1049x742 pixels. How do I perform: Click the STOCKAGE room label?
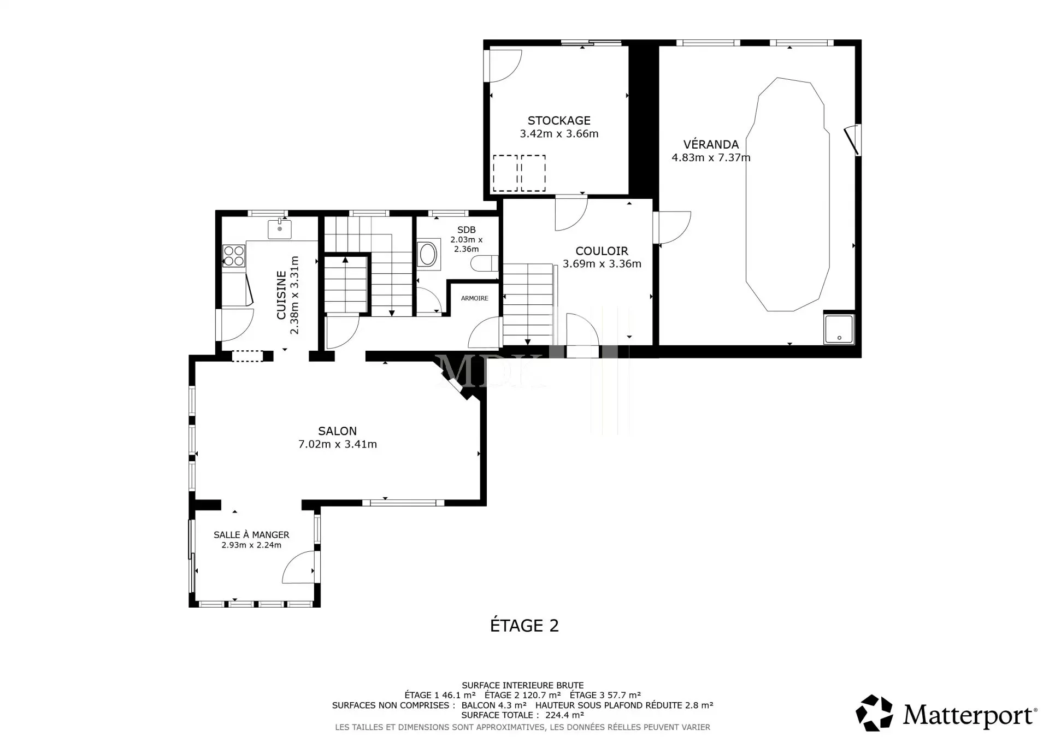(x=559, y=120)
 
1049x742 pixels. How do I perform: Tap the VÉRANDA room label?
(x=711, y=144)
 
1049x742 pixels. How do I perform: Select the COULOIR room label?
(x=602, y=251)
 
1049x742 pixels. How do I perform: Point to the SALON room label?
(x=338, y=431)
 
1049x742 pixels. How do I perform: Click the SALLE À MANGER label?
(x=251, y=535)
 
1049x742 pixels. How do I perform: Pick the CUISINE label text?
(x=281, y=295)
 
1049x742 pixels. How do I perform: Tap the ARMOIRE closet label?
(x=475, y=298)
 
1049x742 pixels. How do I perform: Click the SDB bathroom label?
(x=467, y=230)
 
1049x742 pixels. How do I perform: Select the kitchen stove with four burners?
(x=234, y=256)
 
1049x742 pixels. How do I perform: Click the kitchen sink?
(x=280, y=229)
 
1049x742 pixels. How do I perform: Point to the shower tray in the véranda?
(x=839, y=329)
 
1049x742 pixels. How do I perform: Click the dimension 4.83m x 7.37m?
(x=711, y=158)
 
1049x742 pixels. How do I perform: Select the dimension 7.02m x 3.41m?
(x=338, y=444)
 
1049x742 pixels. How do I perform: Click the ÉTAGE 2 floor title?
(x=524, y=626)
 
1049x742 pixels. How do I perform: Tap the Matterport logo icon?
(x=875, y=713)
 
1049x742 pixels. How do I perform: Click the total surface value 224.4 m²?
(x=565, y=715)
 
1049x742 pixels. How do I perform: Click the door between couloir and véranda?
(x=673, y=227)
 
